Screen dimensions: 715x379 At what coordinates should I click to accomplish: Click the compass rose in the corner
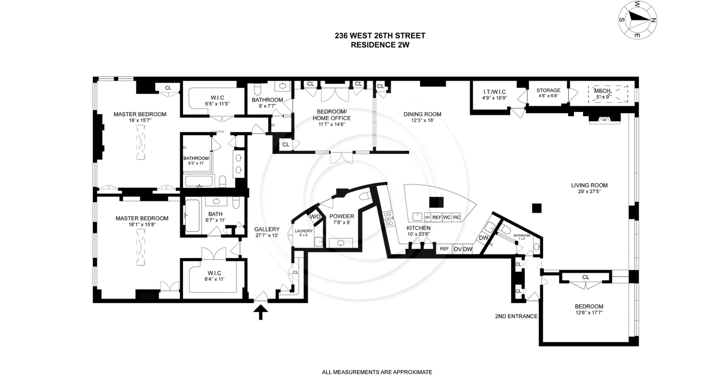click(638, 20)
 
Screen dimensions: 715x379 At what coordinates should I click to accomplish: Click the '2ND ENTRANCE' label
click(516, 316)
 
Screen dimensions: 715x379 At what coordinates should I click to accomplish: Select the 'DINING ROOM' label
click(422, 114)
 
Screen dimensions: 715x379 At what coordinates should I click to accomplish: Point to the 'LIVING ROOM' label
click(589, 185)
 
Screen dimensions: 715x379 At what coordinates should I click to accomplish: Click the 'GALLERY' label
click(267, 229)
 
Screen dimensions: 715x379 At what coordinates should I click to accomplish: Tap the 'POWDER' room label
click(342, 216)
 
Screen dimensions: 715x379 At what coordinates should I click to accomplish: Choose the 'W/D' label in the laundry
click(315, 217)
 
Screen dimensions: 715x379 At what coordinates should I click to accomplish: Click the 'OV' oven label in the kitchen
click(458, 249)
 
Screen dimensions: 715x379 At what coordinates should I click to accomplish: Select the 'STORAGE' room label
click(548, 90)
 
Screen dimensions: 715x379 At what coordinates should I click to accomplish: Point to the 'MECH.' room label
click(602, 91)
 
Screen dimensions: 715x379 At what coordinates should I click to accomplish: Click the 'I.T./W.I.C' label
click(494, 92)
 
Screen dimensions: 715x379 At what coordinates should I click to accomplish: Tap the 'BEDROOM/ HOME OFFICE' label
click(332, 115)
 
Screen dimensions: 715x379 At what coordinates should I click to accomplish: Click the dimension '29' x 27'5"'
click(589, 192)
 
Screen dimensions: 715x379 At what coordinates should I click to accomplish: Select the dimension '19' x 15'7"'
click(140, 120)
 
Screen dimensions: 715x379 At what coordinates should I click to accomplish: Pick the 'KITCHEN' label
click(418, 228)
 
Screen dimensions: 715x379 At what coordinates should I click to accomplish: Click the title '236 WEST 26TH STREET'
click(380, 36)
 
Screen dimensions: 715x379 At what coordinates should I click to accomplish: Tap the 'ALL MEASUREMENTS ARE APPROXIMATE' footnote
click(377, 372)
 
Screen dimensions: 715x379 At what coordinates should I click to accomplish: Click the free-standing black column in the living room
click(537, 208)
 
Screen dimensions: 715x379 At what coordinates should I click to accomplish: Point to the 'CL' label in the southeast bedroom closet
click(586, 277)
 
